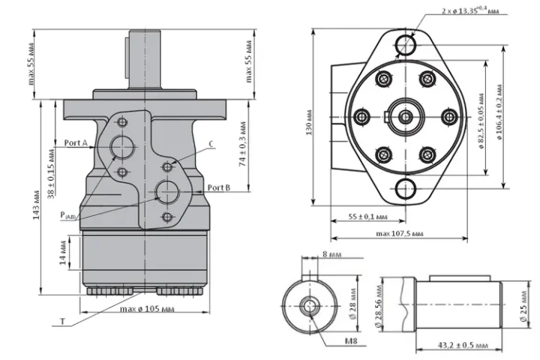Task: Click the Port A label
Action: (x=76, y=142)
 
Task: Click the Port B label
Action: (x=219, y=187)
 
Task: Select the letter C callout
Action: (x=211, y=144)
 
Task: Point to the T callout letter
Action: (x=63, y=322)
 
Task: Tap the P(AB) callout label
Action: (x=67, y=216)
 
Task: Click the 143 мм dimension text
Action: (x=37, y=205)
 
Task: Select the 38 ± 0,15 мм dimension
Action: (x=51, y=173)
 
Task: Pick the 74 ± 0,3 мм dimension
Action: (x=243, y=144)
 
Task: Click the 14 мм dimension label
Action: (x=63, y=253)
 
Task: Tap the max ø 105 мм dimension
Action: (x=147, y=309)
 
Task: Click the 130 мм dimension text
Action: (x=309, y=122)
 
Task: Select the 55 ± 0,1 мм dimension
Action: (x=367, y=217)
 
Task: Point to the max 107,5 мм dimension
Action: (x=400, y=233)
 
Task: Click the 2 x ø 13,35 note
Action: (x=470, y=10)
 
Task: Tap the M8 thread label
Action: (x=351, y=340)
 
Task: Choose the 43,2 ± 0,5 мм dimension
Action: (x=463, y=345)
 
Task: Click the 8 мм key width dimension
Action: (x=332, y=254)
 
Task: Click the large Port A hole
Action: (x=122, y=147)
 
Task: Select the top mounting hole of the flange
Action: (x=405, y=45)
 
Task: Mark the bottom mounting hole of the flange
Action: (x=406, y=189)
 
